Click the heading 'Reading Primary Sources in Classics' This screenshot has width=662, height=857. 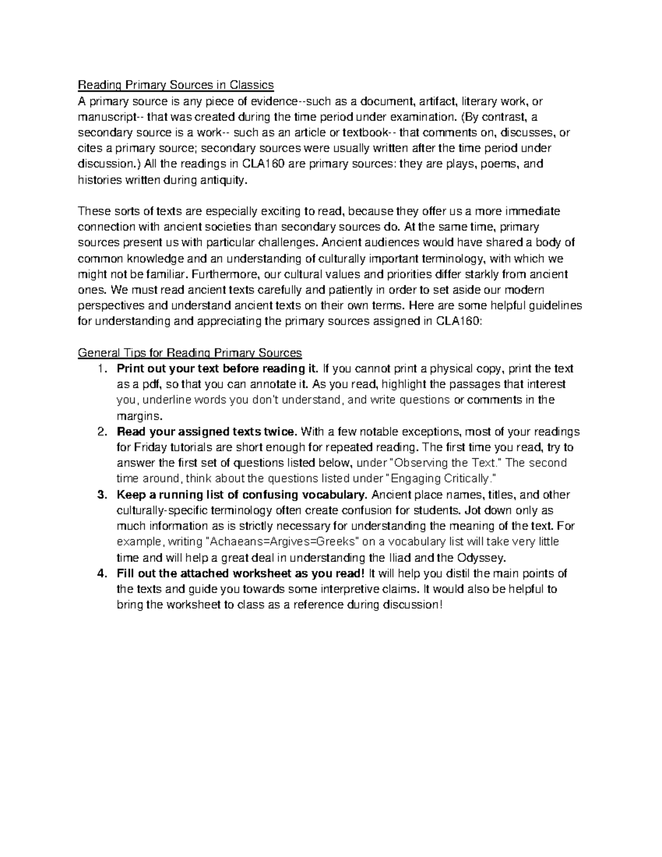175,85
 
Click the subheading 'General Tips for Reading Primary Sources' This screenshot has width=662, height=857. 190,353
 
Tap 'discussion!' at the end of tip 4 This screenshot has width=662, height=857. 414,605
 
